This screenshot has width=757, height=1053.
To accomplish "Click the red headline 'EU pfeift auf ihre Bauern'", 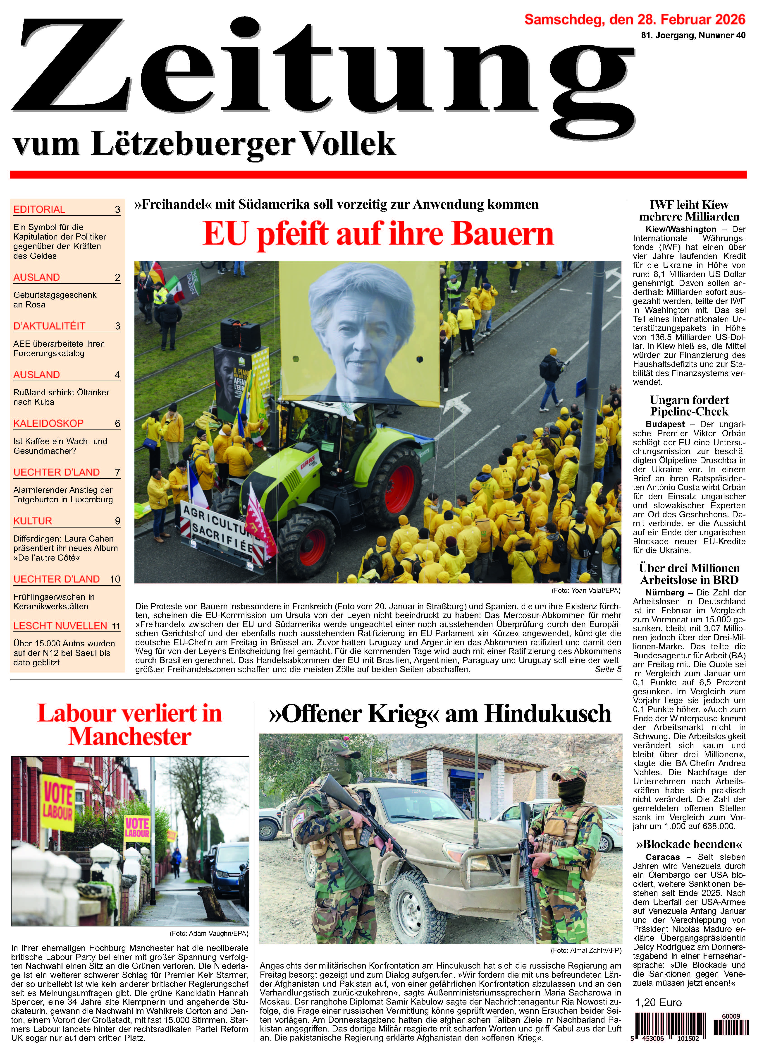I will [378, 234].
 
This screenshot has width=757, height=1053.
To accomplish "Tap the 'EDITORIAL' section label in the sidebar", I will [39, 209].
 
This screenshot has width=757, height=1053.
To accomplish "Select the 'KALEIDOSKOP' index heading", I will [48, 423].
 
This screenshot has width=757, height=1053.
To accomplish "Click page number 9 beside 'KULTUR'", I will [117, 521].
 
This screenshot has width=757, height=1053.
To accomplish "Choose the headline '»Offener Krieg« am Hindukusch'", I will [440, 714].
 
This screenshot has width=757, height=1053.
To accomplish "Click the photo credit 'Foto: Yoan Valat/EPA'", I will [586, 590].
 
